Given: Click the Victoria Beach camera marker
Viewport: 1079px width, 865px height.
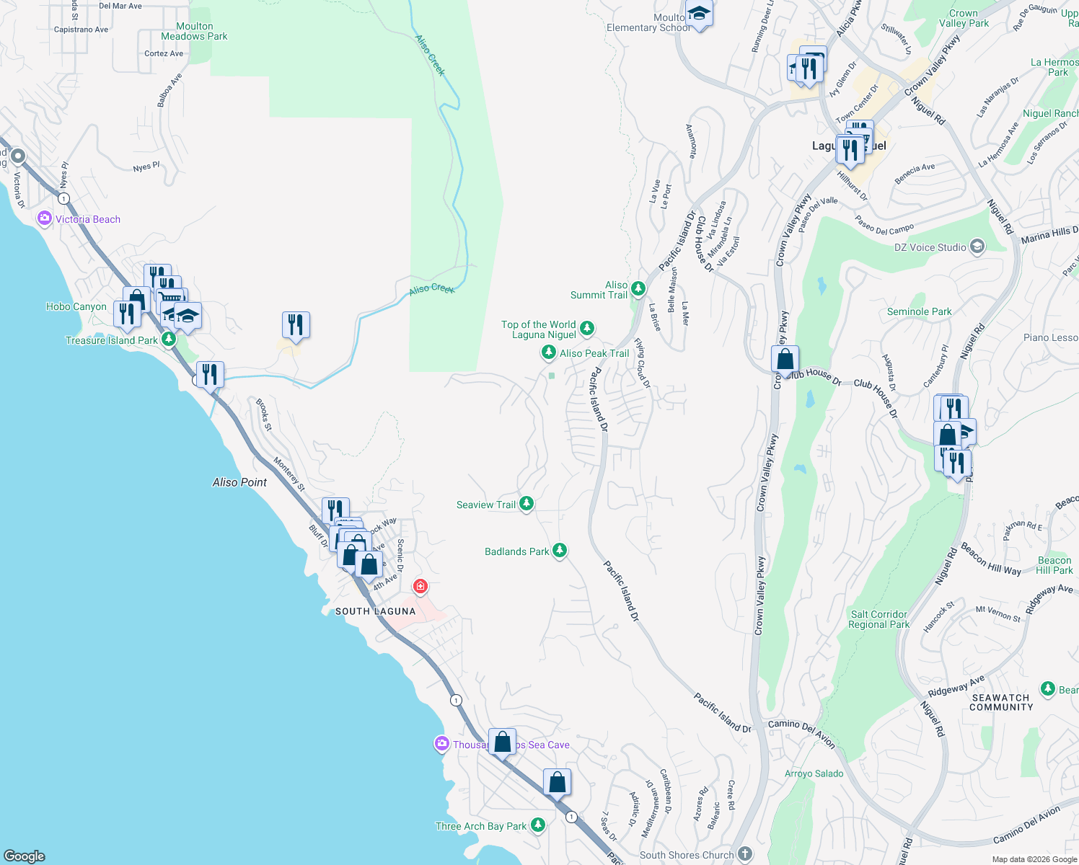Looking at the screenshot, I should tap(45, 218).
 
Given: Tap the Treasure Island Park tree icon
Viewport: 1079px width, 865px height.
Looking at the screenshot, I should tap(169, 339).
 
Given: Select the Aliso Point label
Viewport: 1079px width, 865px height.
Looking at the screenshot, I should tap(239, 482).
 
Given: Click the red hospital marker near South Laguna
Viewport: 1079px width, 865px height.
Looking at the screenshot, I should tap(420, 586).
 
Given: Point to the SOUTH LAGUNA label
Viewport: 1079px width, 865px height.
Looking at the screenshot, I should tap(375, 611).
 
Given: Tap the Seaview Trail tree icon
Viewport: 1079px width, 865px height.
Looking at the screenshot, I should tap(527, 504).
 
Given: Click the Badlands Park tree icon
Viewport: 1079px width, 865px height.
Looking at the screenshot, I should tap(559, 551).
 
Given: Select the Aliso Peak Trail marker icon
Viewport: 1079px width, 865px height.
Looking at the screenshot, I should tap(548, 352).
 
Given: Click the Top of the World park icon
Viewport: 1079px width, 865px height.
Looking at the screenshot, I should tap(587, 329).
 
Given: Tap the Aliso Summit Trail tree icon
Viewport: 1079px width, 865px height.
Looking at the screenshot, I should tap(638, 289).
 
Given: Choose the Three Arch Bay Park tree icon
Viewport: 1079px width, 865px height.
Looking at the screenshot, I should tap(537, 825).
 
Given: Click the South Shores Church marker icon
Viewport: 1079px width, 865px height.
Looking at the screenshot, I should tap(745, 854).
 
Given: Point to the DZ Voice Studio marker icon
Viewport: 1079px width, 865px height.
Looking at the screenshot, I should tap(977, 247).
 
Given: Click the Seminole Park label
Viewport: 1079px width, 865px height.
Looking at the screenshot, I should tap(919, 311).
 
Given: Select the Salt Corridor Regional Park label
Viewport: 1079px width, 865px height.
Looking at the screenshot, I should tap(878, 619).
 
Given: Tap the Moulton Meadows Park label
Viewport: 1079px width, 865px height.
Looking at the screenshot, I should tap(194, 31).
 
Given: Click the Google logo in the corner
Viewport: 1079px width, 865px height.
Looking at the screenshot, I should tap(25, 856).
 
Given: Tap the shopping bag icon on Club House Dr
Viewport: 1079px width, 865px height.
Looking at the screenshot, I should tap(785, 359).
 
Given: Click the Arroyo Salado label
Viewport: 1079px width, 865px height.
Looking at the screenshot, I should tap(814, 773).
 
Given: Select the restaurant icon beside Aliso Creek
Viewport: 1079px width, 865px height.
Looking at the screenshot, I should tap(296, 325).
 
